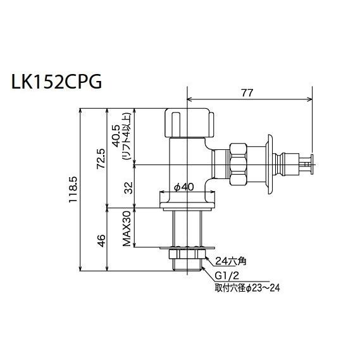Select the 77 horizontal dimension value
point(247,92)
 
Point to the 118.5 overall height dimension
point(74,189)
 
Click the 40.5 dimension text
point(115,133)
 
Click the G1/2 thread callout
point(226,277)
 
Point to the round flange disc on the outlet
point(270,165)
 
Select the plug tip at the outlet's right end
point(306,165)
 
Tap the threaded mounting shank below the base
point(187,228)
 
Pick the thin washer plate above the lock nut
point(187,247)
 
